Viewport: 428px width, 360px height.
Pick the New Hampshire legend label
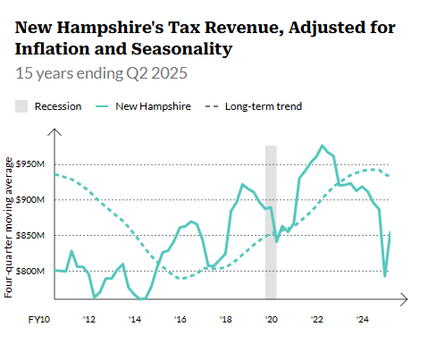click(153, 106)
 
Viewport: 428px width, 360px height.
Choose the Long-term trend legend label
click(263, 106)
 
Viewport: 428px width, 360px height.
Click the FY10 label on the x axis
click(38, 319)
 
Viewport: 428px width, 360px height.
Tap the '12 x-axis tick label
click(89, 319)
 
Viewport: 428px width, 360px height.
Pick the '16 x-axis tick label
click(180, 319)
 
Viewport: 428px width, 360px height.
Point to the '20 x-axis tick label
click(271, 319)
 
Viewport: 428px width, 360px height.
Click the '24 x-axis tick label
click(362, 319)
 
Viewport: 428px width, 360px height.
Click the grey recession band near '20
click(271, 223)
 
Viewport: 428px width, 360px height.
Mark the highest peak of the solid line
click(322, 146)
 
